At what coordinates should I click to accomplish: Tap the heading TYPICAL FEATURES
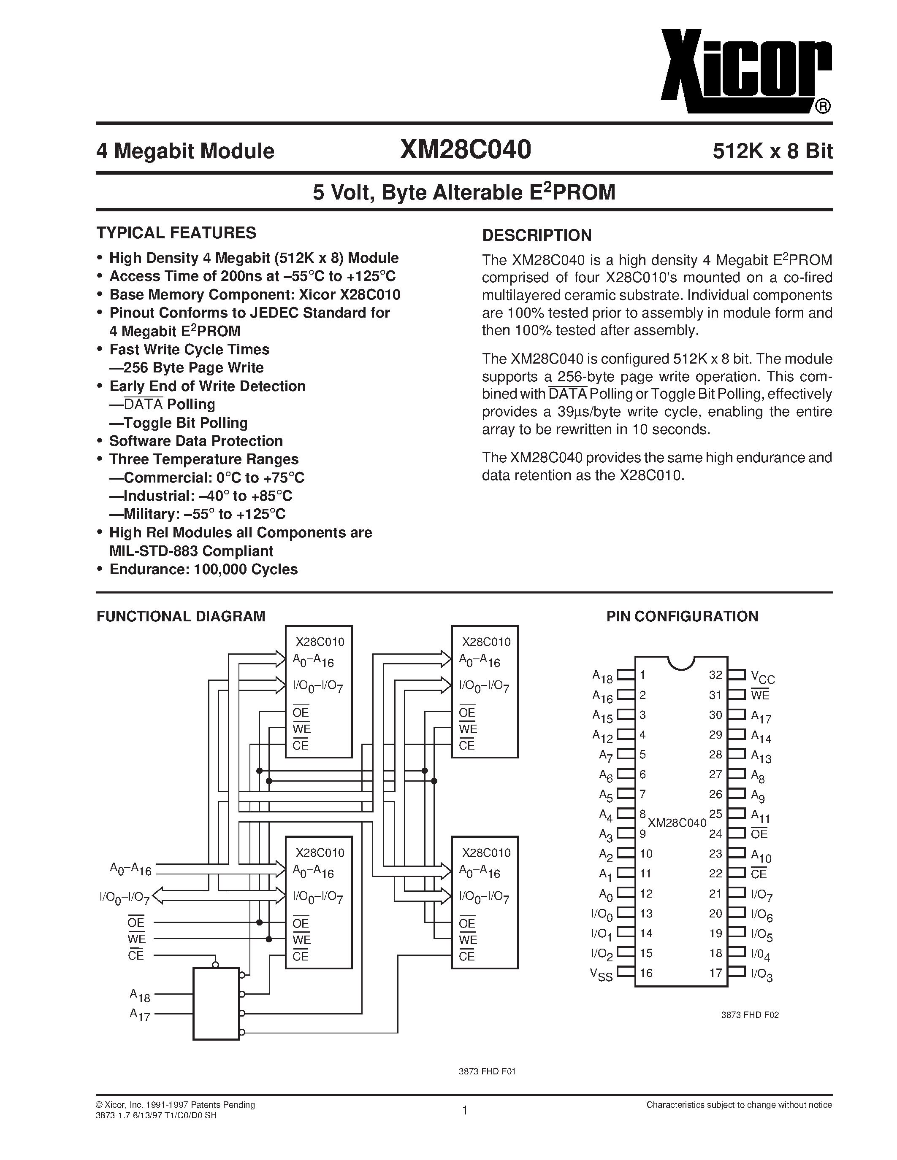pos(176,233)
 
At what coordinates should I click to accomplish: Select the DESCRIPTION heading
pos(536,235)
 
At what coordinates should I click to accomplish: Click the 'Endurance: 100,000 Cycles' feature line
pos(203,569)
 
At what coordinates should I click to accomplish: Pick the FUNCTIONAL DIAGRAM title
pos(181,616)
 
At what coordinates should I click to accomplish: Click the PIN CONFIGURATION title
pos(682,616)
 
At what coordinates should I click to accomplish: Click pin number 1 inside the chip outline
pos(642,675)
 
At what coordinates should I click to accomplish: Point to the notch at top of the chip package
pos(681,663)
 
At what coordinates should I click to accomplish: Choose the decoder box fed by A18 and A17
pos(216,1004)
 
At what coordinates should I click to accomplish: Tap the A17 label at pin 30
pos(761,717)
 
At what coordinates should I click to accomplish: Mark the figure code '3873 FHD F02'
pos(749,1014)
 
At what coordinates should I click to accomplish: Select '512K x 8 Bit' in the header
pos(772,152)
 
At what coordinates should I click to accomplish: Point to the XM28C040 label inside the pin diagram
pos(677,823)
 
